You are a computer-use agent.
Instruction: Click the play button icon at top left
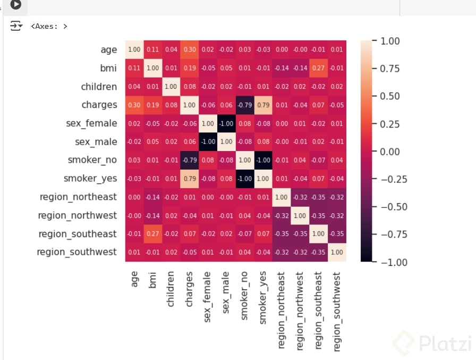tap(15, 5)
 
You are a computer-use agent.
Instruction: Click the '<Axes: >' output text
tap(49, 26)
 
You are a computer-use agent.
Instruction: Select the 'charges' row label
tap(99, 105)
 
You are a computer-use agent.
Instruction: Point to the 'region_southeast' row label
tap(78, 233)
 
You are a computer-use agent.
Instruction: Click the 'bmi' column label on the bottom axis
tap(152, 279)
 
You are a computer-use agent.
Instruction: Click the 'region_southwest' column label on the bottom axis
tap(337, 312)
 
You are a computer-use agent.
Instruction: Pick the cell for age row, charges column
tap(189, 49)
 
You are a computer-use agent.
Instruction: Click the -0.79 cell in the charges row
tap(244, 105)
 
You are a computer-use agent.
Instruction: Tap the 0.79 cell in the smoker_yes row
tap(189, 178)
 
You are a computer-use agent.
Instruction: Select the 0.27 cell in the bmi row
tap(318, 68)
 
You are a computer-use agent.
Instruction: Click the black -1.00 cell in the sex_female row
tap(226, 123)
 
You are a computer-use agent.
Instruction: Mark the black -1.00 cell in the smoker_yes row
tap(244, 178)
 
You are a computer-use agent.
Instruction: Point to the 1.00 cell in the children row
tap(171, 86)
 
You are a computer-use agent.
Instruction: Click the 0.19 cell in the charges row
tap(152, 105)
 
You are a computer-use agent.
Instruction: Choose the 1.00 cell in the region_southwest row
tap(337, 252)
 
